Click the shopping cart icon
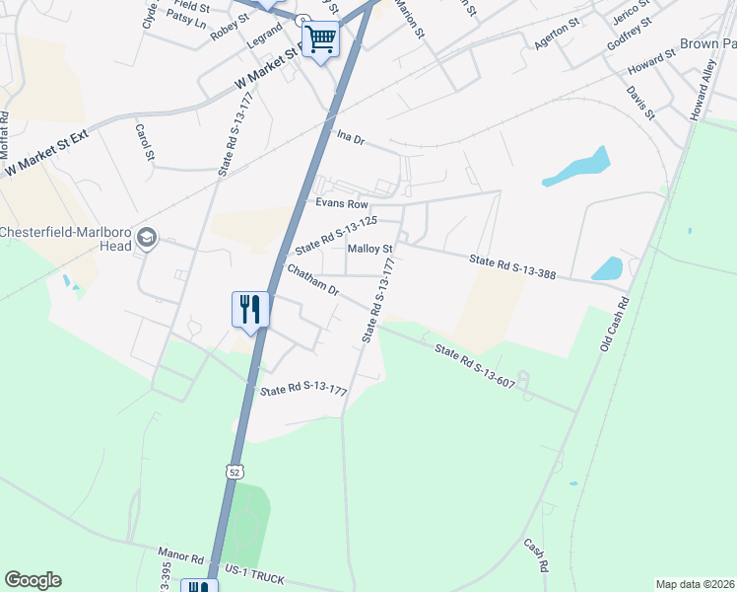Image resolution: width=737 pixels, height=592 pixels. coord(320,40)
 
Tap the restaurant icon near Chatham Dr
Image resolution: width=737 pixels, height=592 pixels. coord(250,309)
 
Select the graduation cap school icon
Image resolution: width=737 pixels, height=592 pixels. coord(147,237)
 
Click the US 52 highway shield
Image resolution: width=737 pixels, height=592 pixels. coord(234,472)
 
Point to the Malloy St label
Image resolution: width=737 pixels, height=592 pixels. coord(370,248)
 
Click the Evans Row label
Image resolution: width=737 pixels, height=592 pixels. coord(341,203)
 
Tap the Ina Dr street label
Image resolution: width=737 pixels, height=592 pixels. coord(351,138)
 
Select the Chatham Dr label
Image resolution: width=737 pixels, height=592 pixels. coord(312,280)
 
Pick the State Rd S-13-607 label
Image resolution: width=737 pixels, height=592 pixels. coord(475,365)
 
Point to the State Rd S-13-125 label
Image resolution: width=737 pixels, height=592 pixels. coord(337,236)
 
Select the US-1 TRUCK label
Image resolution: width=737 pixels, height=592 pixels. coord(253,573)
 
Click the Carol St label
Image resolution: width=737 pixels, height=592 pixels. coord(145,141)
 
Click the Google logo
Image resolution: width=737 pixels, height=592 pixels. coord(33,580)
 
